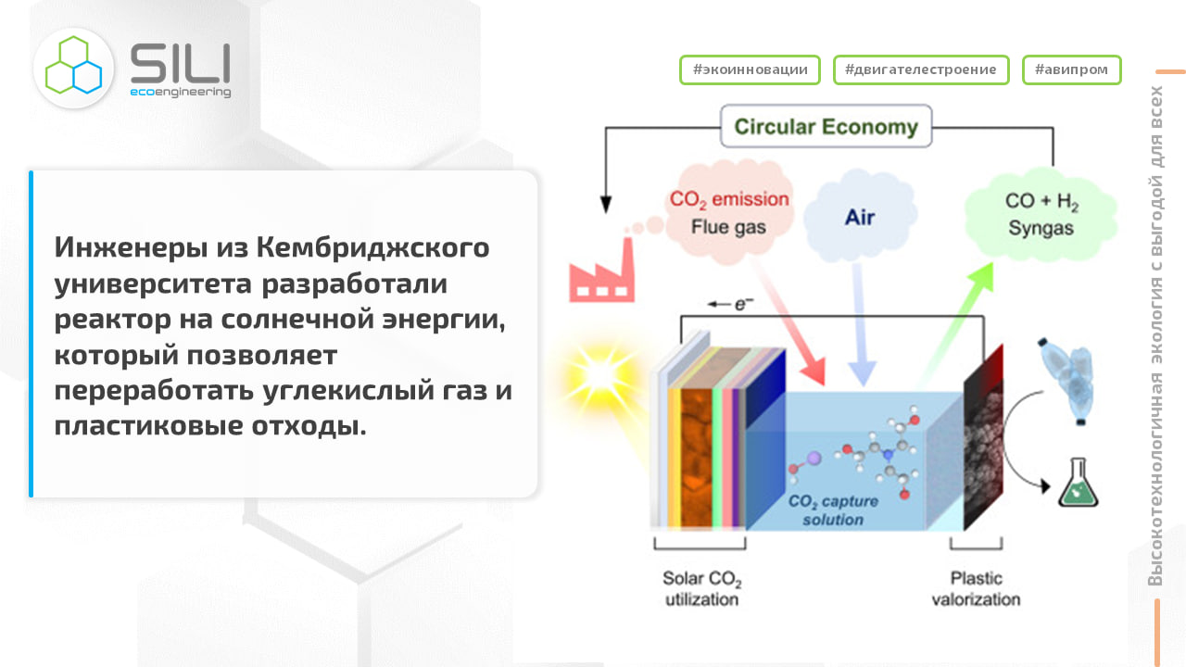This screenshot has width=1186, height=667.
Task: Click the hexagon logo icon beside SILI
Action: pyautogui.click(x=73, y=66)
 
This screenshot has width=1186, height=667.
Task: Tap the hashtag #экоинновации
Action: pyautogui.click(x=750, y=69)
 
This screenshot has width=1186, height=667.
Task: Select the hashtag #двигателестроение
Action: pyautogui.click(x=920, y=69)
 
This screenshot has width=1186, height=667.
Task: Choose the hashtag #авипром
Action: pyautogui.click(x=1071, y=69)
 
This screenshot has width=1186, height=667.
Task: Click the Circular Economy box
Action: pyautogui.click(x=826, y=127)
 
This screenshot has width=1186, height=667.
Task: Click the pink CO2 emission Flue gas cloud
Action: pyautogui.click(x=729, y=210)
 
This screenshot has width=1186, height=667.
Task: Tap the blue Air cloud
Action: pyautogui.click(x=859, y=218)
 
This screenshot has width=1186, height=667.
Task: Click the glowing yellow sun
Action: pyautogui.click(x=596, y=373)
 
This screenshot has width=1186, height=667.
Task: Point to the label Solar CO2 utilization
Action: pyautogui.click(x=701, y=588)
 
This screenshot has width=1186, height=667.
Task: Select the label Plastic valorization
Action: pyautogui.click(x=976, y=588)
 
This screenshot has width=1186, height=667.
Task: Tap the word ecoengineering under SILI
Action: pyautogui.click(x=180, y=93)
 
